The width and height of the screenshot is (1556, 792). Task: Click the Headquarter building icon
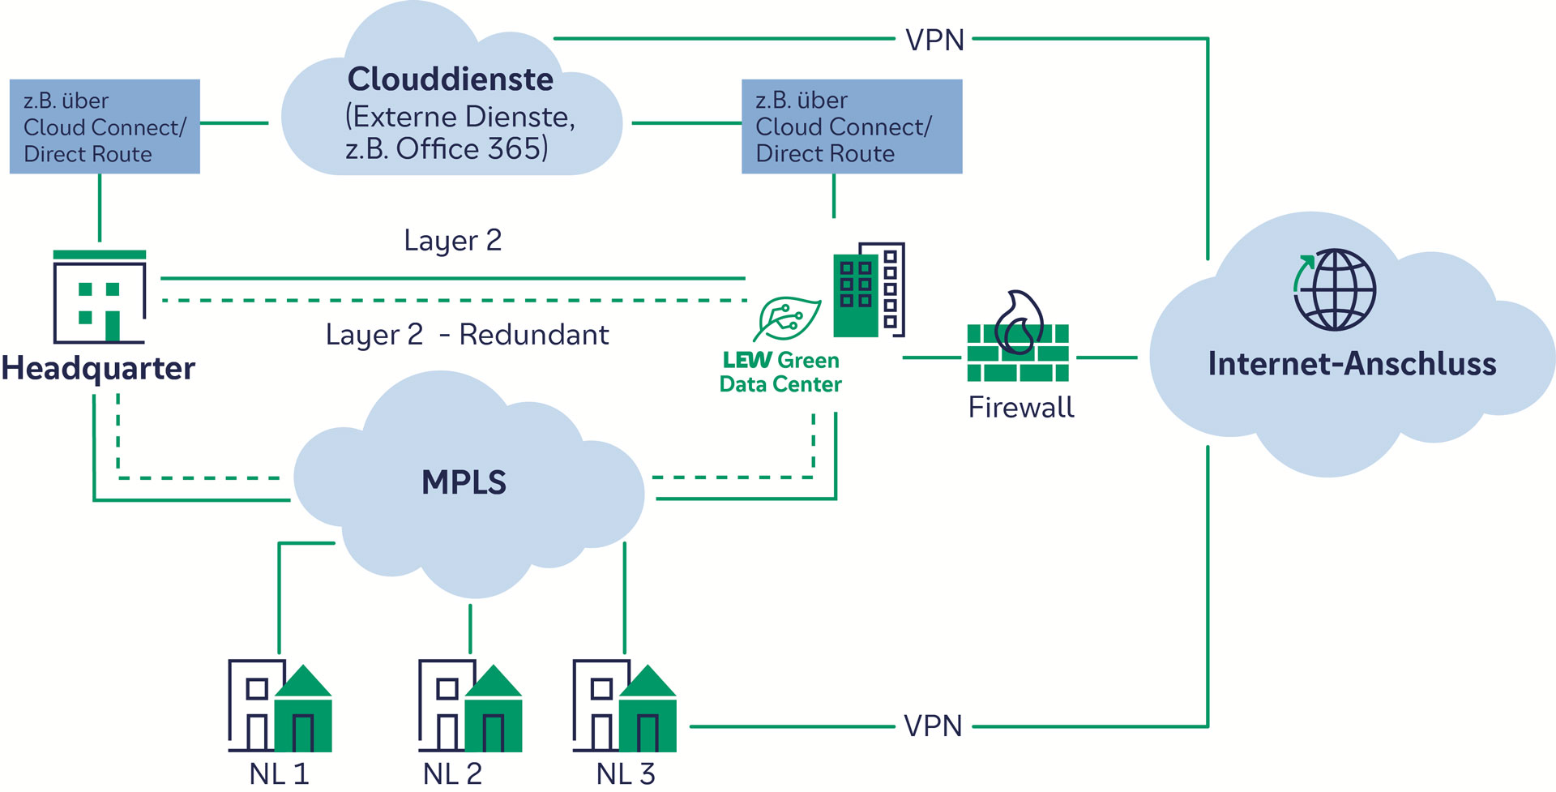[99, 298]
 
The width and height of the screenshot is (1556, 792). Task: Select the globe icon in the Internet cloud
[1334, 289]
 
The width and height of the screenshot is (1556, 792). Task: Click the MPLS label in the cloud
[464, 482]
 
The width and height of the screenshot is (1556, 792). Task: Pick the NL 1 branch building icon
[280, 706]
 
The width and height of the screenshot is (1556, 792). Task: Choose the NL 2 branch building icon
[470, 706]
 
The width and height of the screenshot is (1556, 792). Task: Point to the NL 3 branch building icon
[624, 706]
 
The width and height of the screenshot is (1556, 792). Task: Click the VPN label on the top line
[934, 40]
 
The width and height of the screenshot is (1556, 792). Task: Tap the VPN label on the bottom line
[933, 726]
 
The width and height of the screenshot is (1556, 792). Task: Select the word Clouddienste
[451, 79]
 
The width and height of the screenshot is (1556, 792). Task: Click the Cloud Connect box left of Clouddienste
[105, 126]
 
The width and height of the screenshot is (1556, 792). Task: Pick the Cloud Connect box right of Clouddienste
[852, 126]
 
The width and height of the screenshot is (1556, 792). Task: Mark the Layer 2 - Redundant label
[467, 335]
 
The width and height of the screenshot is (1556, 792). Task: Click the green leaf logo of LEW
[786, 319]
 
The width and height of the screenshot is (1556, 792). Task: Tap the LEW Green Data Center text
[780, 372]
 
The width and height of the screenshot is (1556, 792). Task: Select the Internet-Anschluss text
[1352, 364]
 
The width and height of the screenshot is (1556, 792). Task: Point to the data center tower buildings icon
[869, 289]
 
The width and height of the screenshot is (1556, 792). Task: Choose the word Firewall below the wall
[1021, 407]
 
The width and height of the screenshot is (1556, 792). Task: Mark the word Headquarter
[98, 369]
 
